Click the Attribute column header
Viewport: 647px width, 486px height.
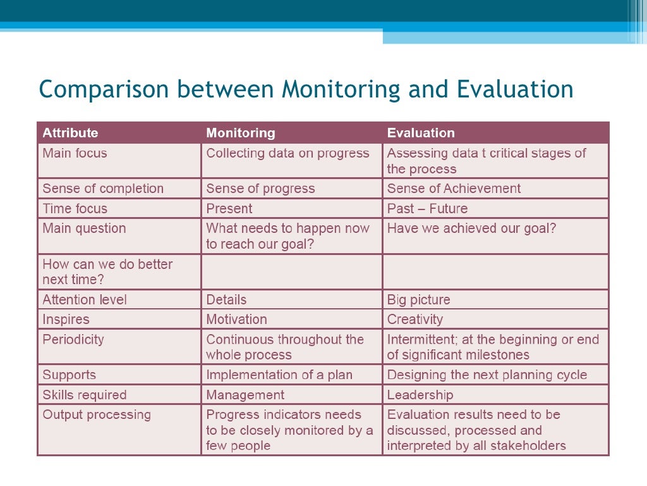[x=70, y=133]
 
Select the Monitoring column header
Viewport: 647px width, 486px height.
[x=241, y=133]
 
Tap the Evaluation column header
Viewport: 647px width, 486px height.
[x=421, y=133]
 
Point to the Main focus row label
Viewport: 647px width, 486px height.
[x=75, y=153]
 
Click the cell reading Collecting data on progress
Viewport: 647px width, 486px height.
[x=287, y=153]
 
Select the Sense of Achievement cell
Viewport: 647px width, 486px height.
[x=454, y=189]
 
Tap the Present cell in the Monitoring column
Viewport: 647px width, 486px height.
[x=229, y=209]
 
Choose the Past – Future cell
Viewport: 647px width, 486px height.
[x=427, y=209]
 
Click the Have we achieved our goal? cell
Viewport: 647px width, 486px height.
[x=471, y=228]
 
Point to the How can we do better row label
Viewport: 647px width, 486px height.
[x=107, y=272]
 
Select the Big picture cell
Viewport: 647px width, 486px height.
[x=418, y=300]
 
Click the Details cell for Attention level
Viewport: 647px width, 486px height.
[x=226, y=300]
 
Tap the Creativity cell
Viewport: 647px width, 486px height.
[x=415, y=320]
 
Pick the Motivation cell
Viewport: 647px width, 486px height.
[x=236, y=320]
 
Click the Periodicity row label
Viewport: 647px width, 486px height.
[x=73, y=339]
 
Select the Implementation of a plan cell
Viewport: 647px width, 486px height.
[x=279, y=375]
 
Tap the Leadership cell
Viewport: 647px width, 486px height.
[x=420, y=395]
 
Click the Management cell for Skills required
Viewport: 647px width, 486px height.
[x=245, y=395]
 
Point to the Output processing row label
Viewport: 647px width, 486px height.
[x=97, y=415]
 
